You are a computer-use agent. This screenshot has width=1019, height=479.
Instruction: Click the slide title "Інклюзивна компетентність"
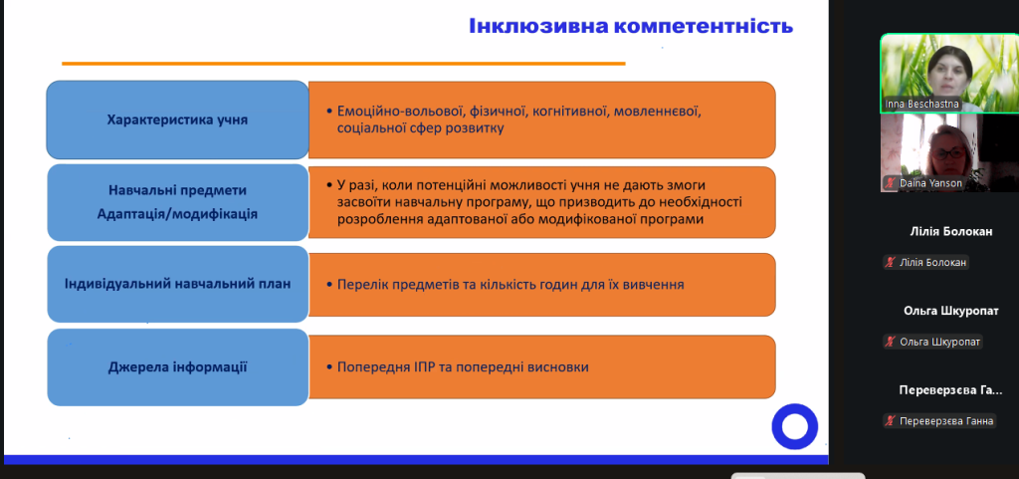(631, 26)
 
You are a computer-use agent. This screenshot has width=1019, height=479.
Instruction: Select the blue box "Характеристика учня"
(177, 120)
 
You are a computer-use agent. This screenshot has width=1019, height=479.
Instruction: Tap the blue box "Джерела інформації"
(177, 367)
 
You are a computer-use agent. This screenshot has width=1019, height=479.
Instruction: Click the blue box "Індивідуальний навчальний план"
(177, 284)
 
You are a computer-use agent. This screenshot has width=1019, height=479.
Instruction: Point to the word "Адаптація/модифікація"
(177, 214)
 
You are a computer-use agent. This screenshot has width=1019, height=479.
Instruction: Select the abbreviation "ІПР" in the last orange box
(426, 367)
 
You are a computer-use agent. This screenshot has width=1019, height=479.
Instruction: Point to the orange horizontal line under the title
(343, 64)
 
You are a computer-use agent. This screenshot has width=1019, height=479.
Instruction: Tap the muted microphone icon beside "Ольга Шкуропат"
(891, 342)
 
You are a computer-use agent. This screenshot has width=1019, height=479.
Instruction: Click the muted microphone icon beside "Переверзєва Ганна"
(891, 421)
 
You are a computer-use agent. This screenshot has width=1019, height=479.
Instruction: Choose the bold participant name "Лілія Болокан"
(950, 231)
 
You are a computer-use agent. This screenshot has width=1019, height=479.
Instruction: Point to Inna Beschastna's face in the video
(949, 72)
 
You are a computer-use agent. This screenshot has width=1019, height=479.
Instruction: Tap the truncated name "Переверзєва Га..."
(950, 390)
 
